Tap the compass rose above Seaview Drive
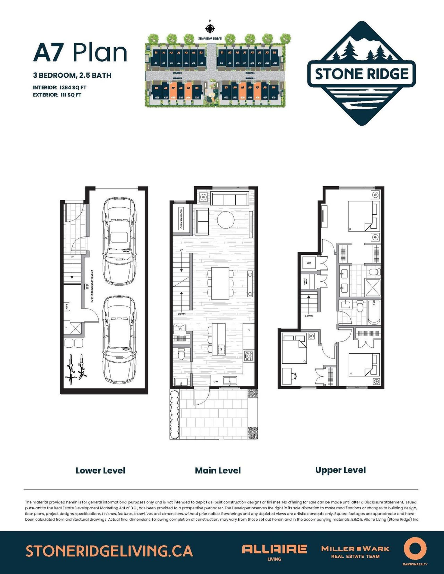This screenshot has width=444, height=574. pos(210,28)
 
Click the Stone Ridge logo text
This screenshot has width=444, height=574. pos(362,74)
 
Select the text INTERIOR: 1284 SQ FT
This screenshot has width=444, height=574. pos(60,88)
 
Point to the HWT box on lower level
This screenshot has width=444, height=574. pos(67,306)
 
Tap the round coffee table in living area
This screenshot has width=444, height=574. pos(226,220)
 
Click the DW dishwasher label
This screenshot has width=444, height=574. pos(216,381)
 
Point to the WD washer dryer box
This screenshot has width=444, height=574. pos(309,263)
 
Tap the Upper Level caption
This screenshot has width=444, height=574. pos(340,470)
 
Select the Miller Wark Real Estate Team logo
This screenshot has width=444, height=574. pos(355,552)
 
